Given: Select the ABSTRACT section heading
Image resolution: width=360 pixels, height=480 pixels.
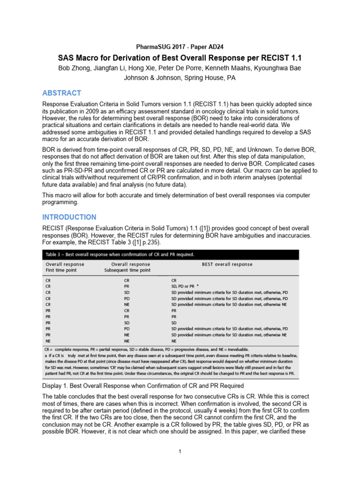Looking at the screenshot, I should point(61,93).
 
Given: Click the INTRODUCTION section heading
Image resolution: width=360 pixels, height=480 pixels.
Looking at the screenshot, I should point(69,217).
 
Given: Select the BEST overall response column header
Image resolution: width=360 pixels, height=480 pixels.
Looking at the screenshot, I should point(227,264).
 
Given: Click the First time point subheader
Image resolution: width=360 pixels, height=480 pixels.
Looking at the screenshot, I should point(61,270).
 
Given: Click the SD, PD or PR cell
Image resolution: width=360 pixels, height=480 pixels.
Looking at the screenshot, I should point(182,285).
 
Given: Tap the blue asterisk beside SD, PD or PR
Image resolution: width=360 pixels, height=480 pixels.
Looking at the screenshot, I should point(198,285).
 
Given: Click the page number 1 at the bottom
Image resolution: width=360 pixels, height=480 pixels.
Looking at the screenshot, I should point(180,451).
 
